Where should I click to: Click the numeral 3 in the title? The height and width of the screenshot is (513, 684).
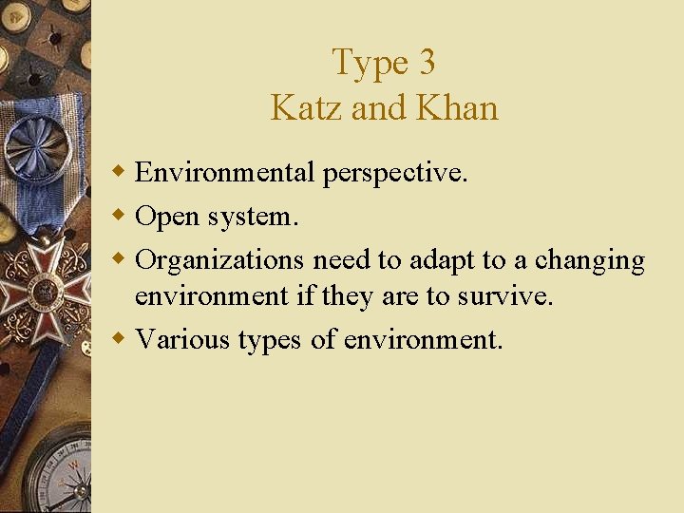point(426,63)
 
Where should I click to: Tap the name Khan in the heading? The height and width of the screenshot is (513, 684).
point(456,107)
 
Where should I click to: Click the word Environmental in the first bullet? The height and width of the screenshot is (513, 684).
point(224,172)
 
